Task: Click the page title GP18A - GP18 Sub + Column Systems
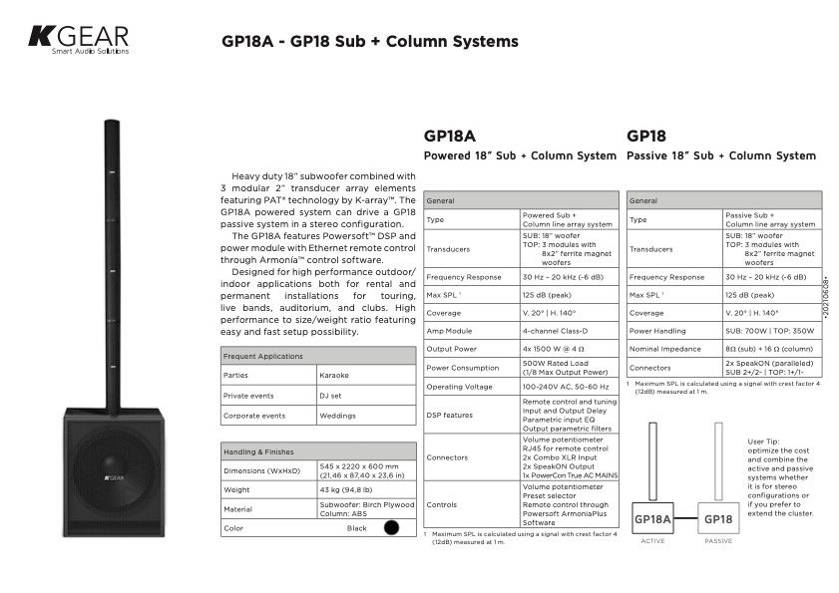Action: click(369, 42)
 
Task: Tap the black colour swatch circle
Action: click(391, 528)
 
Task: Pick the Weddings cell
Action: click(337, 415)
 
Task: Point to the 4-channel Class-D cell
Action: click(556, 331)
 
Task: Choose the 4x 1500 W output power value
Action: click(554, 349)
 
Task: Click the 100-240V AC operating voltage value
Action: click(565, 386)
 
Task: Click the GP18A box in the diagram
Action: click(652, 519)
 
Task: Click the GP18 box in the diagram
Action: click(718, 519)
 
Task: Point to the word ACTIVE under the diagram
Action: click(652, 541)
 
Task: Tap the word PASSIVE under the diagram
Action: click(718, 541)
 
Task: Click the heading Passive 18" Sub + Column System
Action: click(721, 156)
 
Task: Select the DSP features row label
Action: click(450, 415)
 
